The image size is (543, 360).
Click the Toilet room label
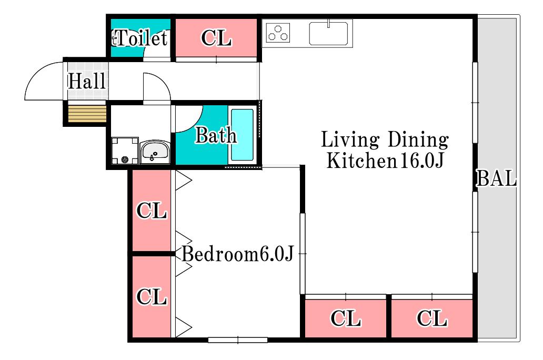140,38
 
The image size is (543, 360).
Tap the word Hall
87,81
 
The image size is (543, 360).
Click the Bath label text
216,135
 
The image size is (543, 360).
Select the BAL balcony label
497,178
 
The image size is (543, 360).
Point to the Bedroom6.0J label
238,254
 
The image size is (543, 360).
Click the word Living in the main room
350,140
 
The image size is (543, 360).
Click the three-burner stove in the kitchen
278,33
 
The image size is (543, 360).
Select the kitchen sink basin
328,33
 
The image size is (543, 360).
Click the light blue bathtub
242,135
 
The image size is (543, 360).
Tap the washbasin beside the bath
155,152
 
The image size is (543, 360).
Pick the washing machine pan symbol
125,151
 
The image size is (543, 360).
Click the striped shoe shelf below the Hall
87,114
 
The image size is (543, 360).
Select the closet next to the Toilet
216,38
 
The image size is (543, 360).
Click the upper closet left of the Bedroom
152,211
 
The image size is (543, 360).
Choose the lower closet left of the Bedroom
152,297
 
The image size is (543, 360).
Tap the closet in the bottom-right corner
432,318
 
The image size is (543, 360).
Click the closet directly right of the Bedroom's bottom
346,318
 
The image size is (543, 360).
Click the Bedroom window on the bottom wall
238,340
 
